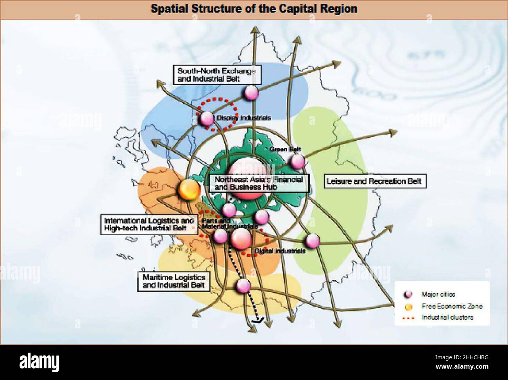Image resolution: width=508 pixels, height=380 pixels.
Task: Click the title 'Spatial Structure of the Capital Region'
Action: pos(254,9)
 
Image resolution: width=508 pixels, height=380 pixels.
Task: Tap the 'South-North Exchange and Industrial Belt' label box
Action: pos(217,75)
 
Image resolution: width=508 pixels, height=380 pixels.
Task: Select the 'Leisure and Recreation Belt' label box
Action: pos(374,181)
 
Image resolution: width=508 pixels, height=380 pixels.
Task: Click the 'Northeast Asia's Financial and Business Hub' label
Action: pos(259,183)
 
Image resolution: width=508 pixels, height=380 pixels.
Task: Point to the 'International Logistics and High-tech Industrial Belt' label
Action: pos(149,224)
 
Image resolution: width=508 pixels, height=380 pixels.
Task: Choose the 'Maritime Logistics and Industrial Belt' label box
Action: pos(174,281)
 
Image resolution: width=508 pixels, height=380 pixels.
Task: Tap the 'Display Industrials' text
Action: pos(243,118)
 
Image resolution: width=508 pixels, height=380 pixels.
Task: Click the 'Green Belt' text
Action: pos(285,149)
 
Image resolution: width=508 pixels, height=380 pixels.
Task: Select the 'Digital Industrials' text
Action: pos(280,251)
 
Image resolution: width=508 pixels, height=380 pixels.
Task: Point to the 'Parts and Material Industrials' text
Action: pos(229,223)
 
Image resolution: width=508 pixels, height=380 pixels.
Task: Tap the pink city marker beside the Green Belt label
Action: pos(297,161)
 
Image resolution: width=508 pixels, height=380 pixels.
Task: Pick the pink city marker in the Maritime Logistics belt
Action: pos(243,285)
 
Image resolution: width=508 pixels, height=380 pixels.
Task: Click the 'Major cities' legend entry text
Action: pos(438,294)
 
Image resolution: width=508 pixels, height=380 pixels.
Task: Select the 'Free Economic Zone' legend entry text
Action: pos(452,306)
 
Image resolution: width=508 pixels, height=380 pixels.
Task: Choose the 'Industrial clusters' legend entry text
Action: pos(447,317)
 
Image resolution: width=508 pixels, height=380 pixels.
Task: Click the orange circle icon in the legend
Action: pos(409,306)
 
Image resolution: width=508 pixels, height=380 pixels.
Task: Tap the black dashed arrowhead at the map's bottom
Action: pos(258,320)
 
